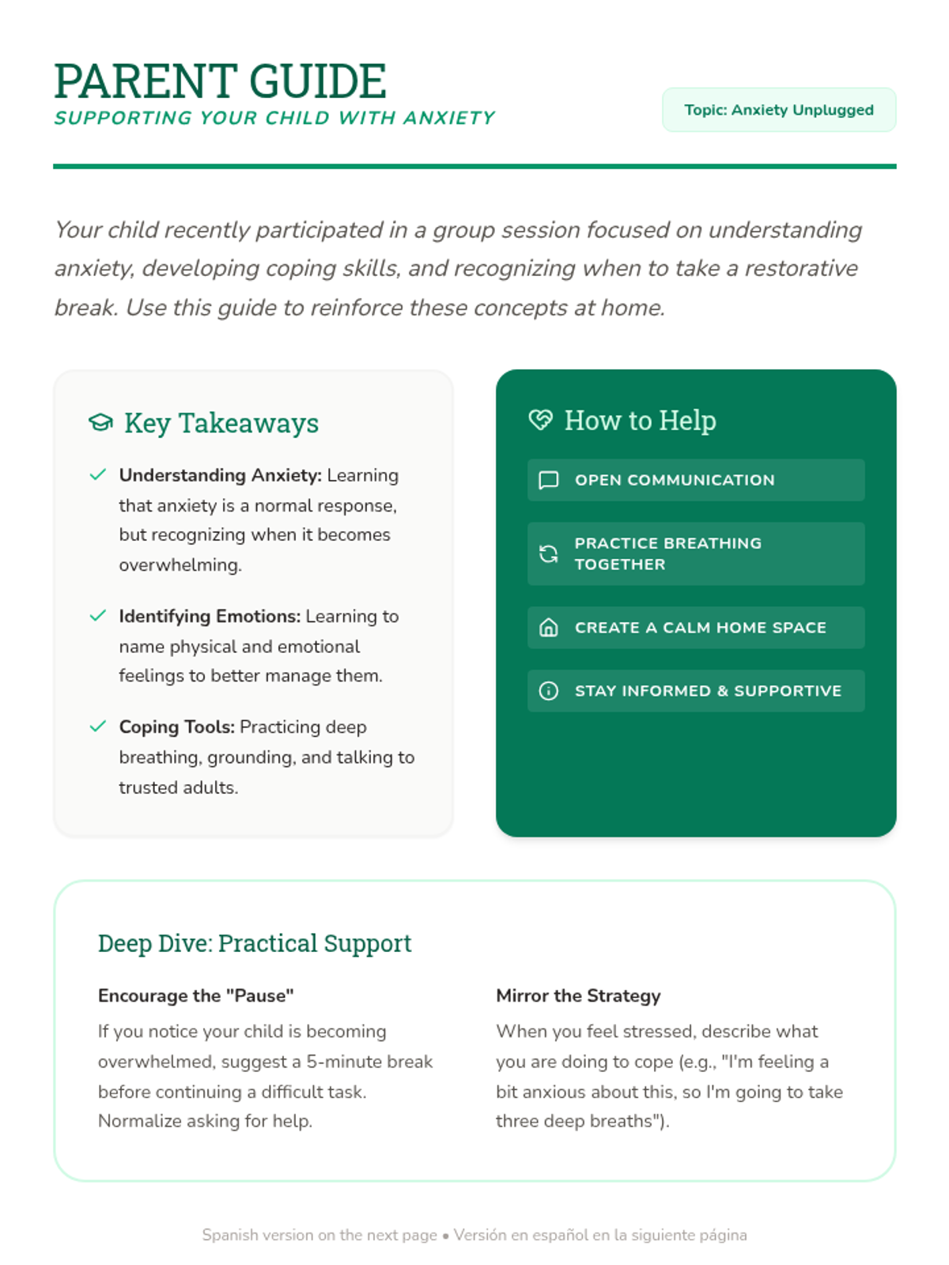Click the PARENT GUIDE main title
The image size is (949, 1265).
click(220, 81)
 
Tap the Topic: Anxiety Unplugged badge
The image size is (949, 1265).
click(778, 110)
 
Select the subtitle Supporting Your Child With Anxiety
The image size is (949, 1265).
click(274, 119)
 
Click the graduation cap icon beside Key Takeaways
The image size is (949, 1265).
click(100, 423)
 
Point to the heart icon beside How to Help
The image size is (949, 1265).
click(541, 420)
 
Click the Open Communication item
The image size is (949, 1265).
click(696, 480)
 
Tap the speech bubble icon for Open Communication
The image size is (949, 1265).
click(548, 480)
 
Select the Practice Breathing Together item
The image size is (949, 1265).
click(696, 553)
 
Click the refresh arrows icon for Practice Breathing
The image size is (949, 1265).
click(548, 553)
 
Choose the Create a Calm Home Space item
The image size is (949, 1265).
click(696, 628)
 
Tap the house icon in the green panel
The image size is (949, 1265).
click(548, 628)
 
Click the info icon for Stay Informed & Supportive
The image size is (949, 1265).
click(548, 691)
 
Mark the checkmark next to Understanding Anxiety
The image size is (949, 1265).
click(98, 474)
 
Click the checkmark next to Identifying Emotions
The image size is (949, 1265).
click(98, 616)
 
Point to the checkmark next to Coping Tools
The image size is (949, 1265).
click(98, 727)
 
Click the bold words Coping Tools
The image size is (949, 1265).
click(176, 727)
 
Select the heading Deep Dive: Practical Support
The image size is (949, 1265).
click(255, 943)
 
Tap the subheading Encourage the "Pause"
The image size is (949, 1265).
click(195, 996)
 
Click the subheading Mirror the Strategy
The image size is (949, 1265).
click(578, 996)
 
